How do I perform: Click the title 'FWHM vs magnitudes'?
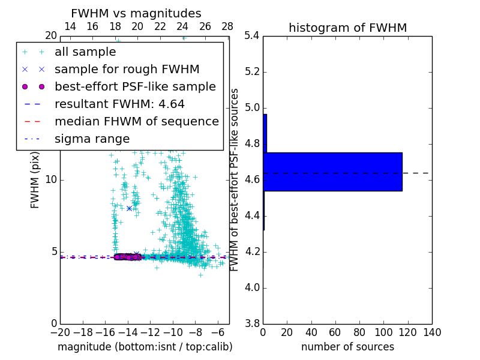click(x=136, y=14)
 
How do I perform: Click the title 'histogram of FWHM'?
click(x=347, y=28)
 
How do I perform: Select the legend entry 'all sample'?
click(x=85, y=52)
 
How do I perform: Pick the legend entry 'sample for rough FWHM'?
click(x=127, y=70)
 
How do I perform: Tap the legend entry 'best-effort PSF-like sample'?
click(x=135, y=87)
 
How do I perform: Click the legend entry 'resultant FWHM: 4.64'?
click(x=119, y=104)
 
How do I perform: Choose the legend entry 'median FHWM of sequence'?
click(x=136, y=122)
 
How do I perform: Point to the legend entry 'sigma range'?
click(x=92, y=139)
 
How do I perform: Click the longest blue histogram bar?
click(x=332, y=172)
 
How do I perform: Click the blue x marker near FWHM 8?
click(x=129, y=208)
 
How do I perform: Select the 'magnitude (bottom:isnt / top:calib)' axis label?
click(x=145, y=347)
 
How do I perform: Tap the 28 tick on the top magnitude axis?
click(x=227, y=26)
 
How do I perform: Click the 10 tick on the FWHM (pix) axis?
click(x=51, y=179)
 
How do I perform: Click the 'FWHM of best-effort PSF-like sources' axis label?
click(x=235, y=179)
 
